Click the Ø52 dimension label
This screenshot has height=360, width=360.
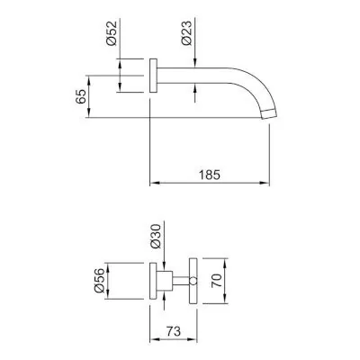point(112,33)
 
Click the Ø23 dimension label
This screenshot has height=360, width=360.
point(186,33)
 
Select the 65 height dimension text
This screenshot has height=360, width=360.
point(81,96)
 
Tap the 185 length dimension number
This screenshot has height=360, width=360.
point(210,175)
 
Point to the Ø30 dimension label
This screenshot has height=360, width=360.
point(156,236)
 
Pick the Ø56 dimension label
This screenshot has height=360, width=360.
point(99,280)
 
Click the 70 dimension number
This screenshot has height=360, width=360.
point(216,281)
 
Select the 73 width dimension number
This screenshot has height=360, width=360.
point(174,331)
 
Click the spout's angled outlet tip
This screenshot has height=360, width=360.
point(268,114)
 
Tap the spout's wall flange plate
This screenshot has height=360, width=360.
point(153,76)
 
